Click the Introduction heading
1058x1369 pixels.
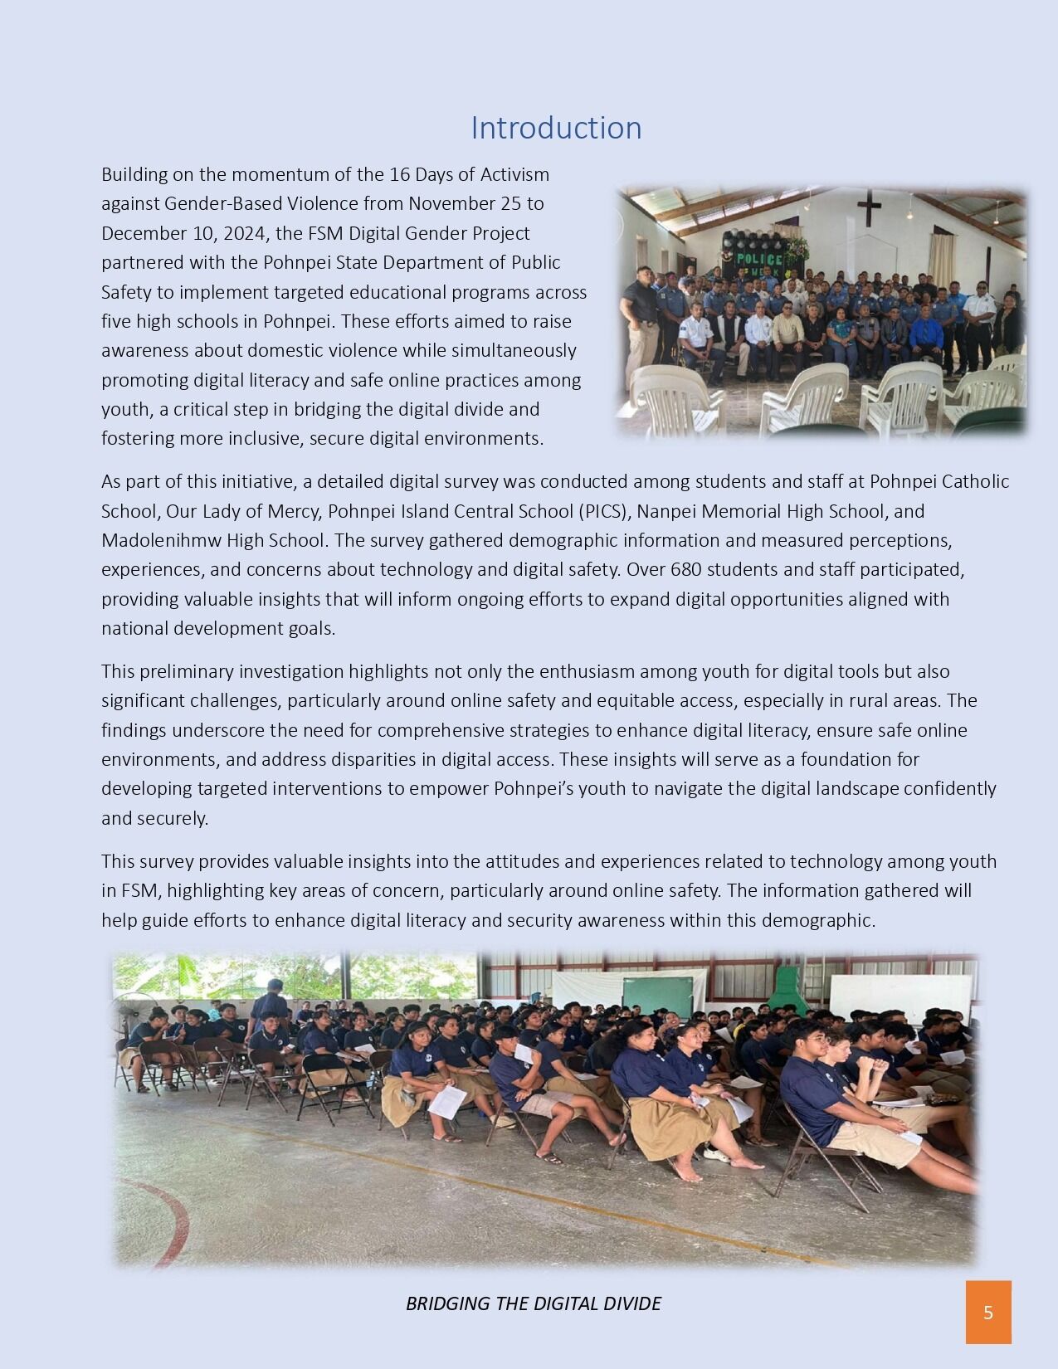[556, 128]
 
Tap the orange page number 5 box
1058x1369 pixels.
[988, 1312]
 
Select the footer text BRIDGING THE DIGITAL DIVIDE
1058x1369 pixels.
[533, 1303]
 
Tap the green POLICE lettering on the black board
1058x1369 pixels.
[759, 260]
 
